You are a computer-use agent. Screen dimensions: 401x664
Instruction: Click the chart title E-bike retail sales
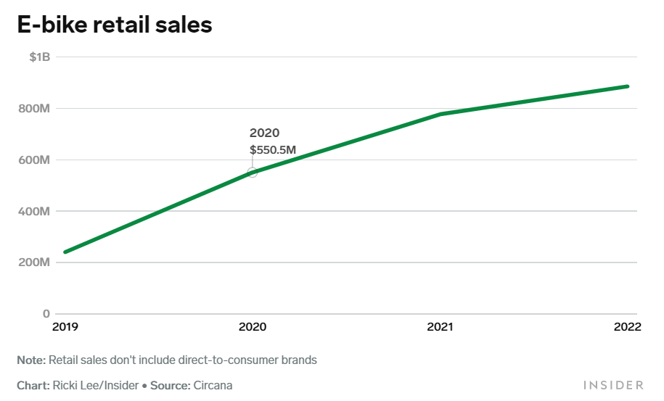click(114, 25)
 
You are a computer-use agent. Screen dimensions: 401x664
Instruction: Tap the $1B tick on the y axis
click(39, 57)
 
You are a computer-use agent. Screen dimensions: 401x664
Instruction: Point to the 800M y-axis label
click(34, 108)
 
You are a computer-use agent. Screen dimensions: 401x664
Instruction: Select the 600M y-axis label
click(34, 160)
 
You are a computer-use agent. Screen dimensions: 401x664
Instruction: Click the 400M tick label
click(34, 211)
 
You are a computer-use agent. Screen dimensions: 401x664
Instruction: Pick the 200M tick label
click(34, 262)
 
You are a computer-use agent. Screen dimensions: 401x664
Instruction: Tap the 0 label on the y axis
click(46, 314)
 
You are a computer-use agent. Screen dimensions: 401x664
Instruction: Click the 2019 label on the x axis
click(65, 327)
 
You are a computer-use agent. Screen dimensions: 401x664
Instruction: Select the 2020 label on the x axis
click(253, 327)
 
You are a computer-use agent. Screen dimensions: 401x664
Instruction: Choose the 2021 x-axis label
click(440, 327)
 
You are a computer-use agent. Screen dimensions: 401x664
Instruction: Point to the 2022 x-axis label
click(627, 327)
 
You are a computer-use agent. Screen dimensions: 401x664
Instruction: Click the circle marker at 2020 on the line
click(253, 172)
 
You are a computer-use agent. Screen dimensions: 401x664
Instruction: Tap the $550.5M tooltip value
click(273, 150)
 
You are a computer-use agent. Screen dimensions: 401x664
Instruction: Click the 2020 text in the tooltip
click(264, 133)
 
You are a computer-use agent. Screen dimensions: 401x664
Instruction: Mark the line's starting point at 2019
click(65, 252)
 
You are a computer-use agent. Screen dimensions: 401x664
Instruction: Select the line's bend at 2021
click(440, 114)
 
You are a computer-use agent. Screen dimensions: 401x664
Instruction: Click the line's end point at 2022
click(627, 86)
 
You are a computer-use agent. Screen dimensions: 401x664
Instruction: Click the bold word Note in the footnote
click(31, 360)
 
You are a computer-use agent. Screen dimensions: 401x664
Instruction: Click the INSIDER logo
click(613, 385)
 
